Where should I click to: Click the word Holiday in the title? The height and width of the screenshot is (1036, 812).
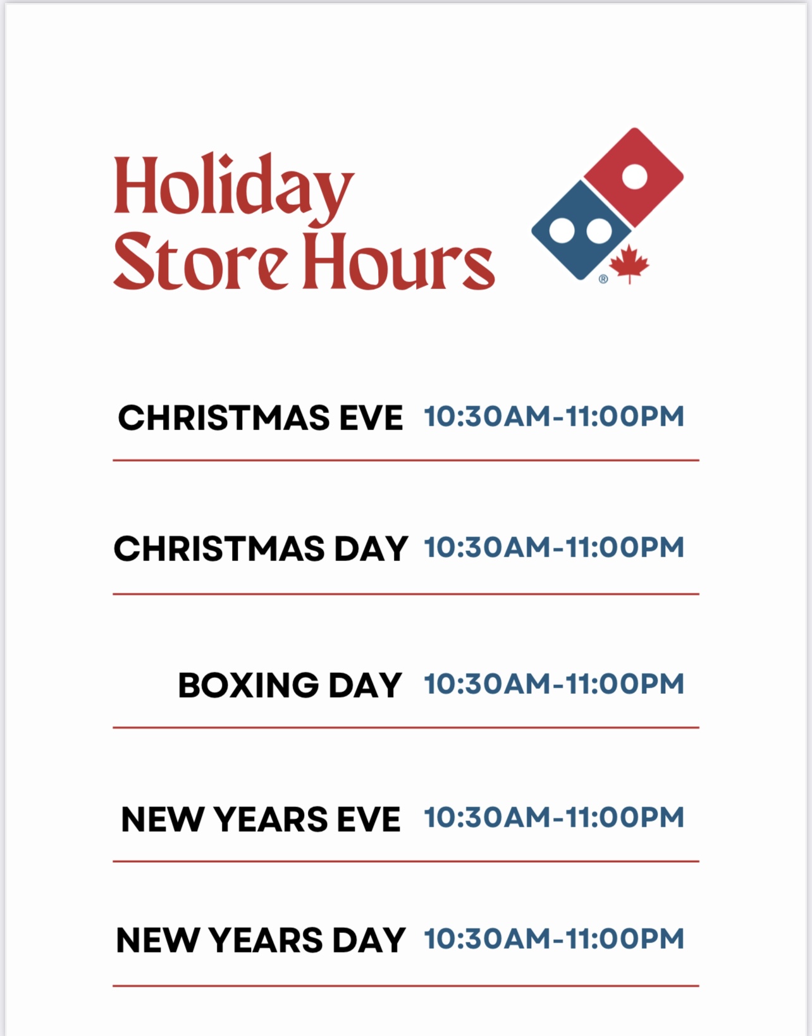tap(233, 188)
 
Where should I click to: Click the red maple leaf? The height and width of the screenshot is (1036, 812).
tap(629, 265)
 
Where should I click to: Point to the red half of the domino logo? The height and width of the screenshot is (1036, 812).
tap(632, 177)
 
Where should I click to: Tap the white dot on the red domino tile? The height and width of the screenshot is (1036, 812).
tap(634, 176)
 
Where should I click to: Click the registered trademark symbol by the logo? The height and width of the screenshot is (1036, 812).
tap(603, 279)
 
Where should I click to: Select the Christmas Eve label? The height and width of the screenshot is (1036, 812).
tap(260, 418)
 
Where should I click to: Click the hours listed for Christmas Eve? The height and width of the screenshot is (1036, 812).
tap(554, 417)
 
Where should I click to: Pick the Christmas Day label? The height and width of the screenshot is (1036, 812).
tap(261, 548)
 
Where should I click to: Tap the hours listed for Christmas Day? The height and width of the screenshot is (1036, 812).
tap(554, 548)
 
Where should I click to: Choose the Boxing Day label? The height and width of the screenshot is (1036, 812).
tap(290, 685)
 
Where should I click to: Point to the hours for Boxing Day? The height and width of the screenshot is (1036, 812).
tap(554, 684)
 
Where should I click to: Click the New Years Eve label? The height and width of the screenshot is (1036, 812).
tap(261, 820)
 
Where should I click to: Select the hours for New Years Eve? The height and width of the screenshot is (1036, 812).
tap(554, 817)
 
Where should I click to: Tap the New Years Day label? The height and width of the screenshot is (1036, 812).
tap(261, 940)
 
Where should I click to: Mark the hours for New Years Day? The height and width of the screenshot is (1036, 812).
tap(554, 939)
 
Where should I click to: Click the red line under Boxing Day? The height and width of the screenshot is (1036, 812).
tap(406, 727)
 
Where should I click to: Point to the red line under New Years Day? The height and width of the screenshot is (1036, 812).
tap(406, 985)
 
